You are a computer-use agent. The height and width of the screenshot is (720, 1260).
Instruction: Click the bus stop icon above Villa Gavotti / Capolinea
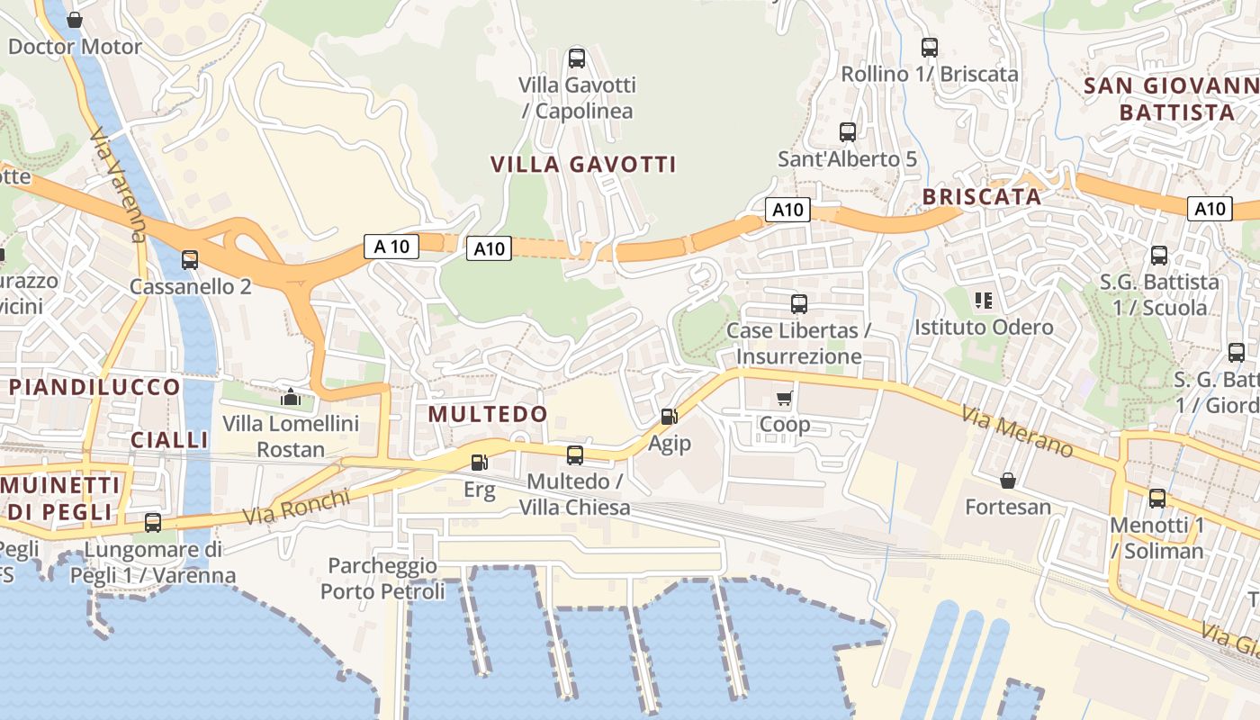tap(577, 58)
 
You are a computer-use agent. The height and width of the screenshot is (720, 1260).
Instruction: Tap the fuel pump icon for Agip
tap(669, 416)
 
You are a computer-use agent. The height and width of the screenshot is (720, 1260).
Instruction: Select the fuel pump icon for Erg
tap(480, 463)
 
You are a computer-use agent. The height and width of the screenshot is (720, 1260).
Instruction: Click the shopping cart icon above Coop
tap(784, 398)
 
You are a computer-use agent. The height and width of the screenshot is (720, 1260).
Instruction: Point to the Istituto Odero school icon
tap(983, 300)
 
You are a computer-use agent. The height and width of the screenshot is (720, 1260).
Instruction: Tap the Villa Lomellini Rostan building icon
tap(291, 396)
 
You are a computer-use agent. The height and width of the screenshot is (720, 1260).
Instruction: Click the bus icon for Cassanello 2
tap(190, 260)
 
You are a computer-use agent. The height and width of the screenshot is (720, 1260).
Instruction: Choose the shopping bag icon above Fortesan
tap(1008, 481)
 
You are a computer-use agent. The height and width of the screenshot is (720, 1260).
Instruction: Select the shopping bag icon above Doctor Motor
tap(75, 20)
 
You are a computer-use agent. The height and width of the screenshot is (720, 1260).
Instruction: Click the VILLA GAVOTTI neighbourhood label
tap(583, 165)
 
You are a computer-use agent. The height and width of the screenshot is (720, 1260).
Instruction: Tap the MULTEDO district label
tap(488, 414)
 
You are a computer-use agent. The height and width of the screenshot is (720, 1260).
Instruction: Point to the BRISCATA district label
tap(981, 197)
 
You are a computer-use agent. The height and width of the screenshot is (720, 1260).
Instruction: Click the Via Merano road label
tap(1017, 431)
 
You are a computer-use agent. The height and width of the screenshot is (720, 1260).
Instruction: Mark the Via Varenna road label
tap(118, 184)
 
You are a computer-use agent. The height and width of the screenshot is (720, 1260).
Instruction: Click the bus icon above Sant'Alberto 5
tap(847, 132)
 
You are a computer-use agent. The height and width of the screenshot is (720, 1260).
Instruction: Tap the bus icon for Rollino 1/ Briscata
tap(930, 48)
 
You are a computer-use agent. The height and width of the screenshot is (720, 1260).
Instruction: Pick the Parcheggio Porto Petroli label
tap(382, 579)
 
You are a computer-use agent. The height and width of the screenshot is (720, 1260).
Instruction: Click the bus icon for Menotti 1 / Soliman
tap(1157, 498)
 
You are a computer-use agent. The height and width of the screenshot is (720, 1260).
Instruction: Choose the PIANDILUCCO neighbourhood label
tap(94, 387)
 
